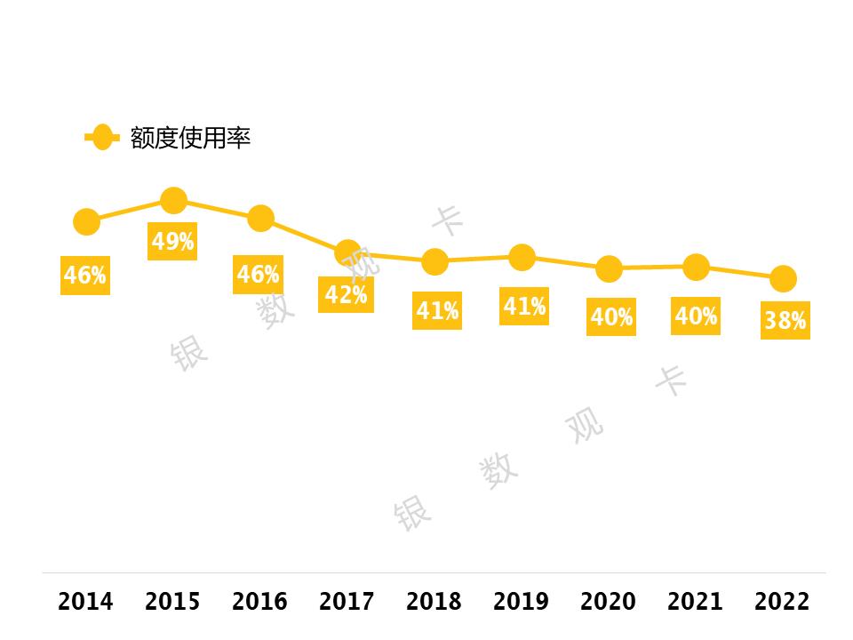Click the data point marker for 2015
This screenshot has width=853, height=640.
173,201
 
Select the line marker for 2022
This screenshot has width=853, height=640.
783,278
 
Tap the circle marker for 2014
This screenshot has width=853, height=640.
86,221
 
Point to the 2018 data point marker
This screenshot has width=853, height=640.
434,261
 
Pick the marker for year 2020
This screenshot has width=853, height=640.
609,268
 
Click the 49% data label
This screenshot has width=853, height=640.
172,242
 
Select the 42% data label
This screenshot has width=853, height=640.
346,294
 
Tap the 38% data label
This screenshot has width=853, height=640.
785,321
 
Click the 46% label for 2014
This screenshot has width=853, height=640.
84,276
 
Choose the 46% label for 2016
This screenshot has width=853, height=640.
258,275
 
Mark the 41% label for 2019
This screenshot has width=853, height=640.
523,307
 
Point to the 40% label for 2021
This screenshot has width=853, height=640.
696,316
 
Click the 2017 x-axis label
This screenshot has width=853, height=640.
347,602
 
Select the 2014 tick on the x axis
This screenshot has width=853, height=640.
85,602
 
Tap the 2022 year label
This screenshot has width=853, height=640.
782,602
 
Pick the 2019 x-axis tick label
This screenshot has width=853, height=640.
521,602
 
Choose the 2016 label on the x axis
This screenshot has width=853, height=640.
259,602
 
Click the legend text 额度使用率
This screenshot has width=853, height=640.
190,138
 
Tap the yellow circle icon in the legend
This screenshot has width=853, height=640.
102,137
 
